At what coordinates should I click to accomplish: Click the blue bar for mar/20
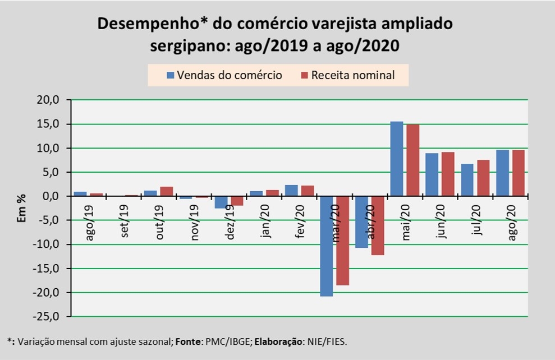327,246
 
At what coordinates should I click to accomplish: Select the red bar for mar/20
343,241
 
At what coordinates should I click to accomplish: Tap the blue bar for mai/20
396,159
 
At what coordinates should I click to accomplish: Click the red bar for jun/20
448,174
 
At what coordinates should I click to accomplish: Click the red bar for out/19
167,191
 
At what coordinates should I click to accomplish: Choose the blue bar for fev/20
291,191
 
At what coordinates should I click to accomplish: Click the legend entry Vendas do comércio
224,75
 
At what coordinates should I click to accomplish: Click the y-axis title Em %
22,208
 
